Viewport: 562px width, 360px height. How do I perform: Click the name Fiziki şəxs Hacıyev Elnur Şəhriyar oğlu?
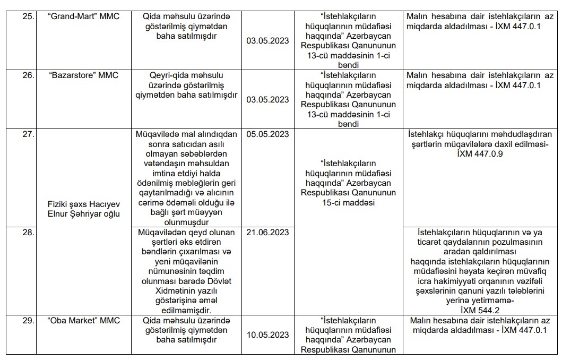pyautogui.click(x=83, y=209)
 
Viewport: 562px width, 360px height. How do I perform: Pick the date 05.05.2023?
pyautogui.click(x=267, y=134)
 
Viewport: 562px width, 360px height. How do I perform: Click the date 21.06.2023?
pyautogui.click(x=267, y=232)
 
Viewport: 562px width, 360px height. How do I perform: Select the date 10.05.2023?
pyautogui.click(x=267, y=335)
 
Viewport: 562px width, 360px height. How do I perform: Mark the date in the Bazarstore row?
pyautogui.click(x=267, y=99)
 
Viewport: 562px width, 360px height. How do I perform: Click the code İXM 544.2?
pyautogui.click(x=480, y=310)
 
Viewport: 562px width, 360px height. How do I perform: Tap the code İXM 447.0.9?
pyautogui.click(x=480, y=154)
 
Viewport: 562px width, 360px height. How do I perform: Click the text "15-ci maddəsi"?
pyautogui.click(x=348, y=203)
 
